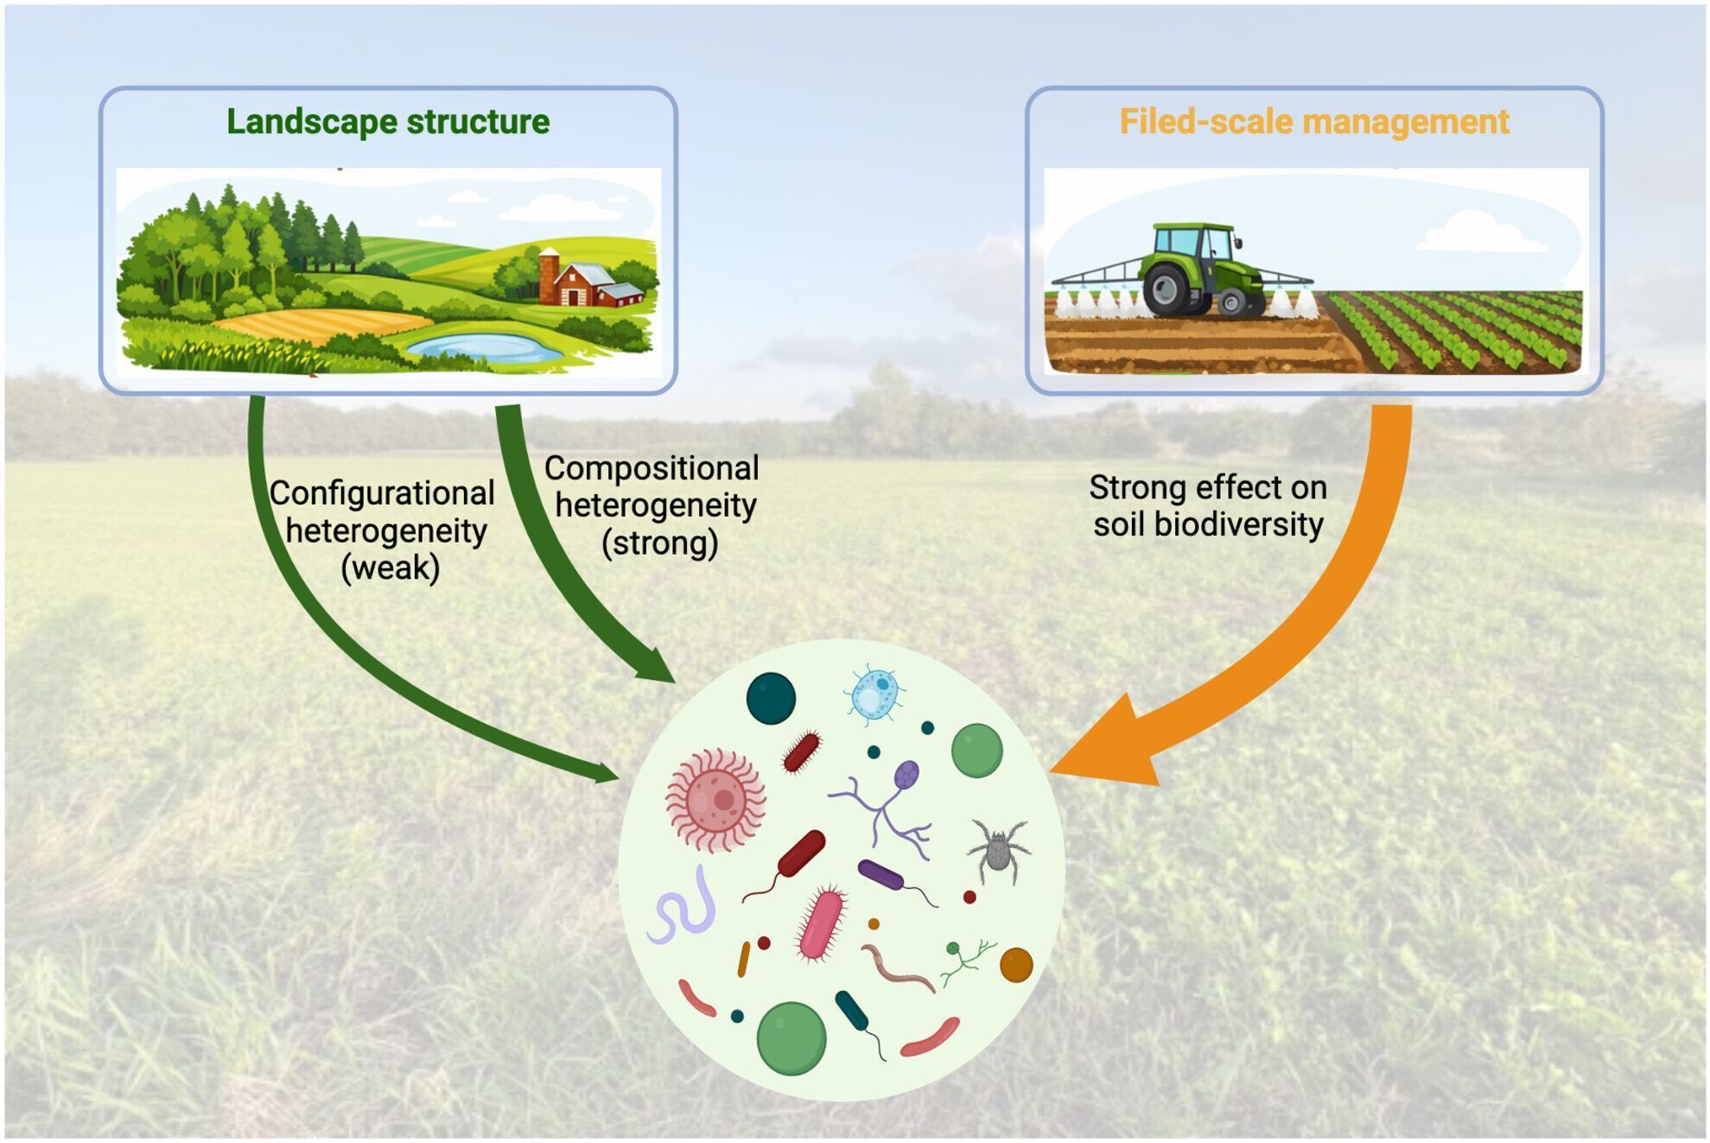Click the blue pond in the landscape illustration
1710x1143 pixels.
[x=484, y=347]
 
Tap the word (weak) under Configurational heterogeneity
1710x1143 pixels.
[x=390, y=568]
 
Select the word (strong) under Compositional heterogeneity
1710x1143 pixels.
[x=659, y=543]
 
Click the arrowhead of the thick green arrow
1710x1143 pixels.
[x=655, y=664]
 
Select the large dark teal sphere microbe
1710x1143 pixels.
[x=770, y=698]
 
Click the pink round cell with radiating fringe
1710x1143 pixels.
[x=716, y=800]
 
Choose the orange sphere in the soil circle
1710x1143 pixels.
[x=1016, y=964]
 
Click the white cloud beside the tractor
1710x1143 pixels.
[x=1478, y=232]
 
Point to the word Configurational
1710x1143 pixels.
[x=382, y=493]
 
